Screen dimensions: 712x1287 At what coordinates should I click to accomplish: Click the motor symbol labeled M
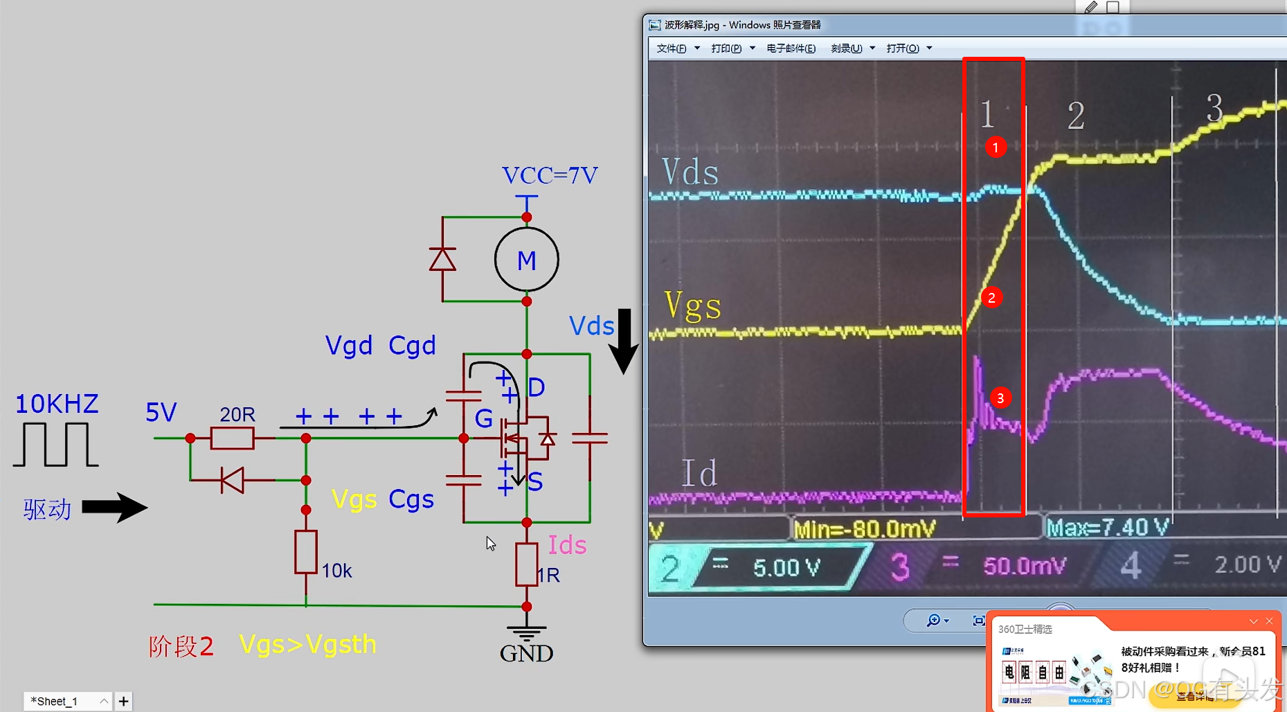point(526,260)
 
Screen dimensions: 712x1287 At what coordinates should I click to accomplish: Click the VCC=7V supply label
point(550,175)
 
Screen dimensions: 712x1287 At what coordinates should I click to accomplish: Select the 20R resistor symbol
point(232,438)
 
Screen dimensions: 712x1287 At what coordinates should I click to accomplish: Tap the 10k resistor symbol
point(305,552)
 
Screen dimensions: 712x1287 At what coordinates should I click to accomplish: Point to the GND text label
point(526,653)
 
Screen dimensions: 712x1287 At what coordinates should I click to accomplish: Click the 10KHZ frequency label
point(57,404)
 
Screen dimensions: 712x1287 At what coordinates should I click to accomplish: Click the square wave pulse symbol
point(55,445)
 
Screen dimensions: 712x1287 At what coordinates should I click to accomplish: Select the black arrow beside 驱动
point(114,508)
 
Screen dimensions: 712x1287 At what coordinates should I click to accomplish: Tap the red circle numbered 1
point(996,148)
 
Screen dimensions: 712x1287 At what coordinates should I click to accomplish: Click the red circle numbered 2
point(991,298)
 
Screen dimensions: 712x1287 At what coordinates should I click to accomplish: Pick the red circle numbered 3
point(1000,398)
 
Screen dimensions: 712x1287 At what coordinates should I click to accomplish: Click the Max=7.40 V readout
point(1107,528)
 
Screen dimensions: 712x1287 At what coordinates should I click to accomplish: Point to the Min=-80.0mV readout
point(864,530)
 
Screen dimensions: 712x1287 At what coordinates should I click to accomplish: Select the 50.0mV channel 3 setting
point(1025,567)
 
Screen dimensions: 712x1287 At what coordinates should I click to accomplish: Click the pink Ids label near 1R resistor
point(567,546)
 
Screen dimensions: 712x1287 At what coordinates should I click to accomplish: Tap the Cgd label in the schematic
point(412,345)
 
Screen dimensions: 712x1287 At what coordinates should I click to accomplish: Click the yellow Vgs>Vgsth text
point(307,645)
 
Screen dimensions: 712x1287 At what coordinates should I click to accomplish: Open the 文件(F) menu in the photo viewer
point(672,48)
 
